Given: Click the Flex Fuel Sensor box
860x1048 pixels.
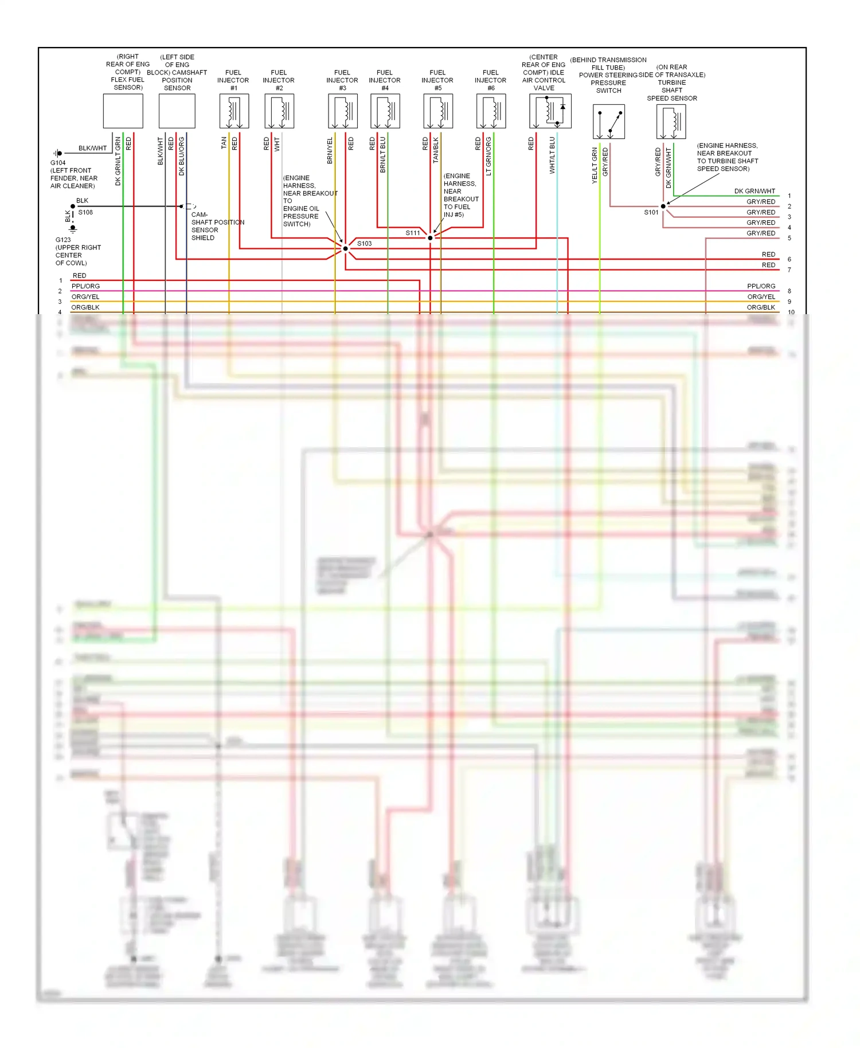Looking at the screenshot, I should (123, 111).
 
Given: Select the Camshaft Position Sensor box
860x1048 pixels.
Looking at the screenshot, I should (177, 111).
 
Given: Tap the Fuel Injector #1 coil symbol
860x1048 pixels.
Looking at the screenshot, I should (234, 111).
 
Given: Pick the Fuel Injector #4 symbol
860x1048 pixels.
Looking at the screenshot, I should (385, 111).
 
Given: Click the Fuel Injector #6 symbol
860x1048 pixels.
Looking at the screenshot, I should (491, 111).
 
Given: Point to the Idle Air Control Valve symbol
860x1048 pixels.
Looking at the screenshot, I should (550, 111).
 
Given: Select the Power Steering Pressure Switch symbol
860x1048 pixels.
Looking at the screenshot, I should (608, 122).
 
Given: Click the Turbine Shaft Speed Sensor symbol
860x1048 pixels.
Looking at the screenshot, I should (671, 122).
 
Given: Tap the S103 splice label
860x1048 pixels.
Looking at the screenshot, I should (364, 244).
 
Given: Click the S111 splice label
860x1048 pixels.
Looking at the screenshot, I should (412, 233).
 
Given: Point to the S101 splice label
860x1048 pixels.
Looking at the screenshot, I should (651, 213).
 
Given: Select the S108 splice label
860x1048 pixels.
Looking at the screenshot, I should (85, 213).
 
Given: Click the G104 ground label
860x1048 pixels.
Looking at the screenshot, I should (58, 163).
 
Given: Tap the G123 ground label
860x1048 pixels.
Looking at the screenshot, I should (63, 240).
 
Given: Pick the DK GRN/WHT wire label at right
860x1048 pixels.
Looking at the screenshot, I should (755, 191).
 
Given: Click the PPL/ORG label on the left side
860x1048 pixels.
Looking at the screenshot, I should (85, 286).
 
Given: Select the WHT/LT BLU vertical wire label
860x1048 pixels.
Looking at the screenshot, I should (552, 155).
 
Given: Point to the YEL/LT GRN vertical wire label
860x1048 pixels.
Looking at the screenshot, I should (595, 165).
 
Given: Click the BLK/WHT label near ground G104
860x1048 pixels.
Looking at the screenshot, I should (92, 148).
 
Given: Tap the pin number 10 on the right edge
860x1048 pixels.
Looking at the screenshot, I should (791, 312).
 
